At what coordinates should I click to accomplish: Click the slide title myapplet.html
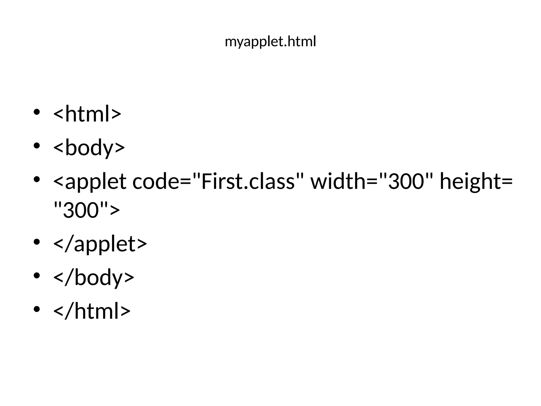(270, 42)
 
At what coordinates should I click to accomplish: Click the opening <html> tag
(87, 114)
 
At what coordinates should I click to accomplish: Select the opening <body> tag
(89, 147)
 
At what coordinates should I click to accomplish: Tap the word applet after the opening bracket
(96, 182)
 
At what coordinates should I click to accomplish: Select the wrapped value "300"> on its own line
(87, 210)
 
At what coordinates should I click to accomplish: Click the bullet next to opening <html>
(37, 112)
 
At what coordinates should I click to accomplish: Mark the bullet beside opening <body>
(37, 146)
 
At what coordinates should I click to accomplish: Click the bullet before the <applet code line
(37, 179)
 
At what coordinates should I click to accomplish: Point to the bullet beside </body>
(37, 275)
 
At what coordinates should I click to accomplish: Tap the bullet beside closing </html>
(37, 309)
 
